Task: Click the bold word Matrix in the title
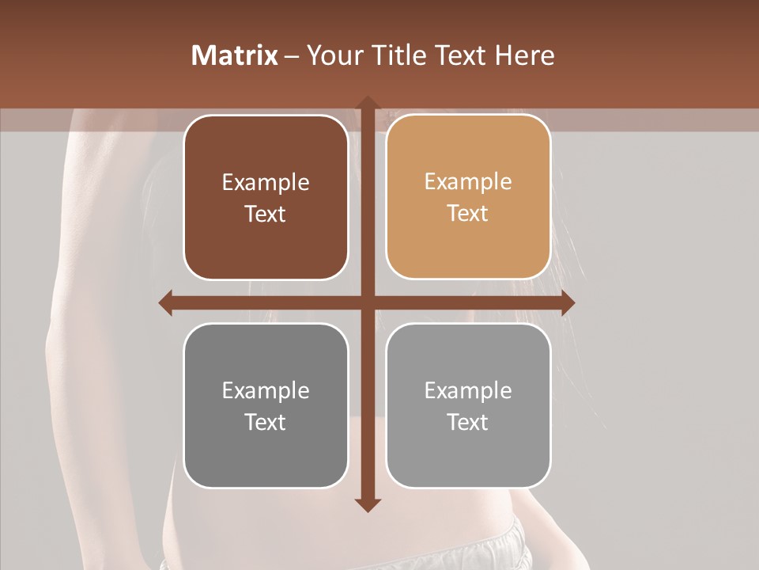(x=235, y=55)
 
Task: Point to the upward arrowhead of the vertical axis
(x=367, y=103)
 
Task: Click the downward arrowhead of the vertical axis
(x=367, y=505)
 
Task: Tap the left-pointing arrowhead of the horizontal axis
(x=166, y=303)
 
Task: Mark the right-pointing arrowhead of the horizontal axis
(x=568, y=303)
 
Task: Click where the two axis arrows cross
(x=367, y=303)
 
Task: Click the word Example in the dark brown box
(x=266, y=183)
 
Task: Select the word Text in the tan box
(x=468, y=213)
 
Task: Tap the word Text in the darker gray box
(x=266, y=422)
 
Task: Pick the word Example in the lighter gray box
(x=468, y=390)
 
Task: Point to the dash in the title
(x=293, y=55)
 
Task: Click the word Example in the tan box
(x=468, y=182)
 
